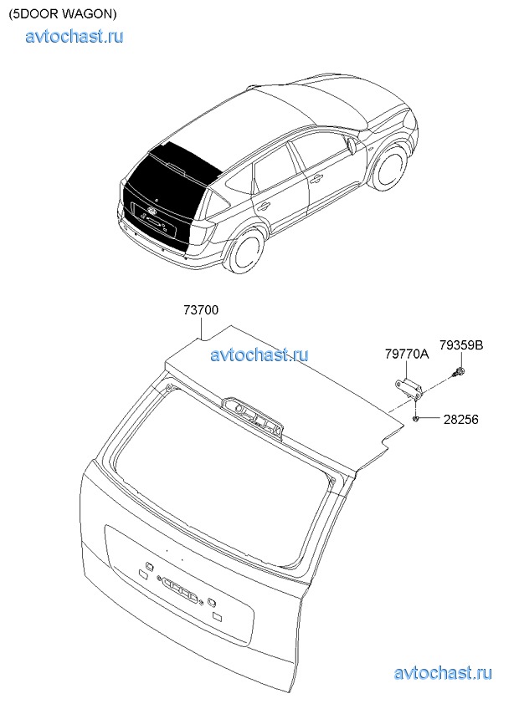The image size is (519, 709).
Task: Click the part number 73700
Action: pyautogui.click(x=201, y=310)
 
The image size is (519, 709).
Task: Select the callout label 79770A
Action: pyautogui.click(x=407, y=354)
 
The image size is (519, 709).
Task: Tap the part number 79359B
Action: pyautogui.click(x=461, y=345)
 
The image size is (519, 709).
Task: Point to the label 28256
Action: pyautogui.click(x=461, y=420)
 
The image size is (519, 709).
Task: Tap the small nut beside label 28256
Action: pyautogui.click(x=415, y=420)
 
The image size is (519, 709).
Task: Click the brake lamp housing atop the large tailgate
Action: pyautogui.click(x=252, y=416)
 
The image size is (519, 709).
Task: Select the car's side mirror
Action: pyautogui.click(x=352, y=146)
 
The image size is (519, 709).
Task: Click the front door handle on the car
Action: pyautogui.click(x=316, y=179)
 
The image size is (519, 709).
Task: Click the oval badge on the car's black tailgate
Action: pyautogui.click(x=152, y=211)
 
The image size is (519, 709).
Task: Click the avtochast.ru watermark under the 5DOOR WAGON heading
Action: pyautogui.click(x=75, y=36)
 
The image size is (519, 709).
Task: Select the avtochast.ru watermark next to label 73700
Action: pyautogui.click(x=259, y=354)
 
